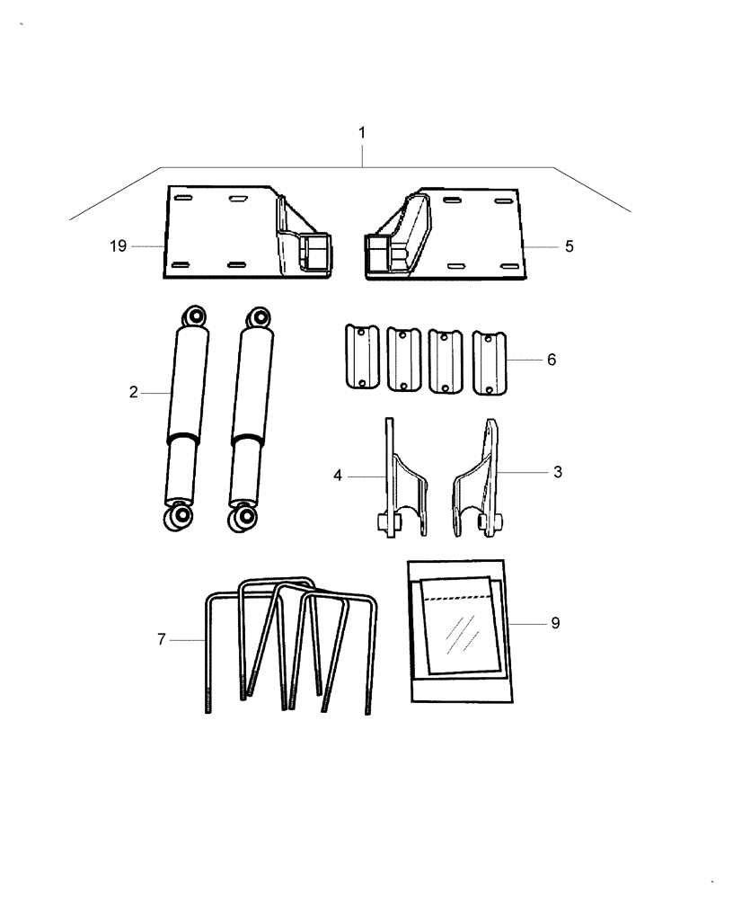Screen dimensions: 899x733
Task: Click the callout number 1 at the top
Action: (x=362, y=132)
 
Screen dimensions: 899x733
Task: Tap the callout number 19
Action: (x=119, y=245)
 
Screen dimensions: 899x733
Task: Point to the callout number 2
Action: (x=133, y=392)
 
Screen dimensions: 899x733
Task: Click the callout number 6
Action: (x=552, y=360)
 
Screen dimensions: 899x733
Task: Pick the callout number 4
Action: (x=338, y=474)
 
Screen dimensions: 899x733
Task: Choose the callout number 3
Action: (x=557, y=472)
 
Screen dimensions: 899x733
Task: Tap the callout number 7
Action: (x=162, y=639)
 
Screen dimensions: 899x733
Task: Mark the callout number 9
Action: (x=555, y=622)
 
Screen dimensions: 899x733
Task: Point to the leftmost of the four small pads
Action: (x=358, y=357)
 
